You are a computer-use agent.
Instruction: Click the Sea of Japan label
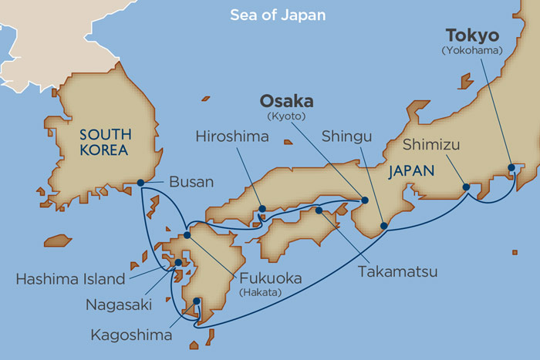pos(278,15)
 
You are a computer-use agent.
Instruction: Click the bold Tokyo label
pos(472,35)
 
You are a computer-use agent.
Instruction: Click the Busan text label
pos(188,183)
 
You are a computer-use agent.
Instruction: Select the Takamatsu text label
pos(397,271)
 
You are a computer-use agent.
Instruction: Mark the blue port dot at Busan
pos(140,183)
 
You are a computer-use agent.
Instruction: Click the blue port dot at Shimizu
pos(465,187)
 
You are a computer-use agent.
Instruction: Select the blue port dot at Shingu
pos(383,226)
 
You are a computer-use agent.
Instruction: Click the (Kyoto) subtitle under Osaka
pos(285,116)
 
